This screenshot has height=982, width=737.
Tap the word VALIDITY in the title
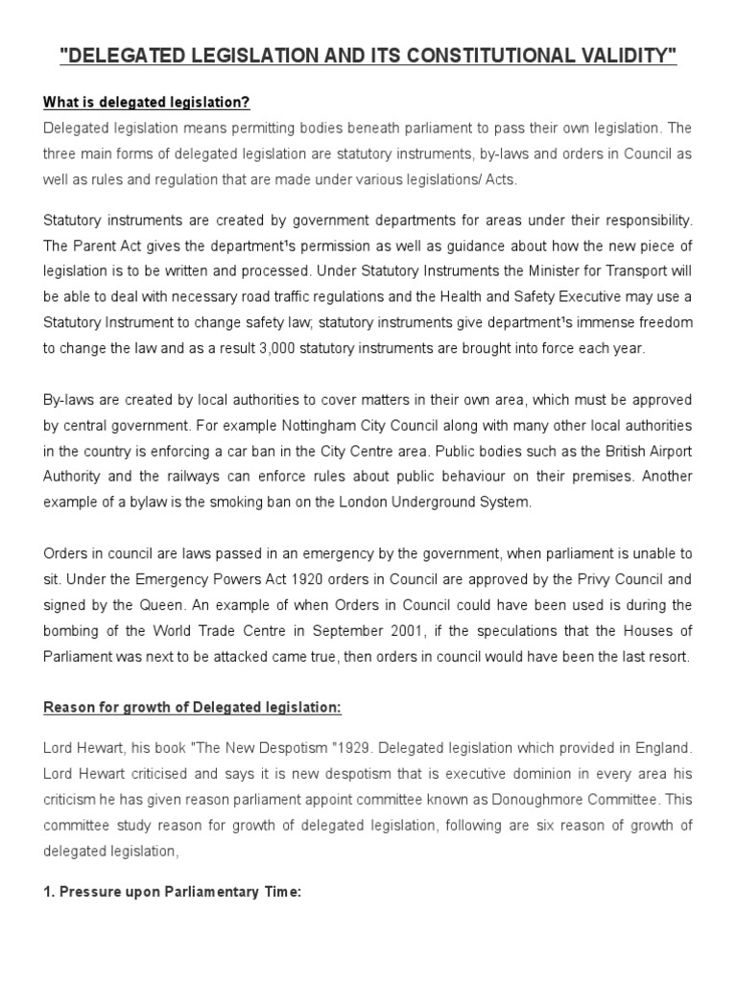(x=629, y=57)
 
